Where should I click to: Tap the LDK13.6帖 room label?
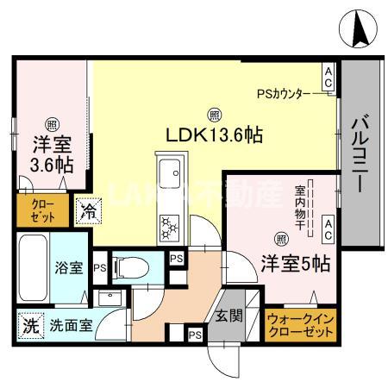[215, 135]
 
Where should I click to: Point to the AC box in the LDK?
[329, 78]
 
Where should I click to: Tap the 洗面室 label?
[66, 328]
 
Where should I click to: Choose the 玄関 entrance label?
[228, 315]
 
